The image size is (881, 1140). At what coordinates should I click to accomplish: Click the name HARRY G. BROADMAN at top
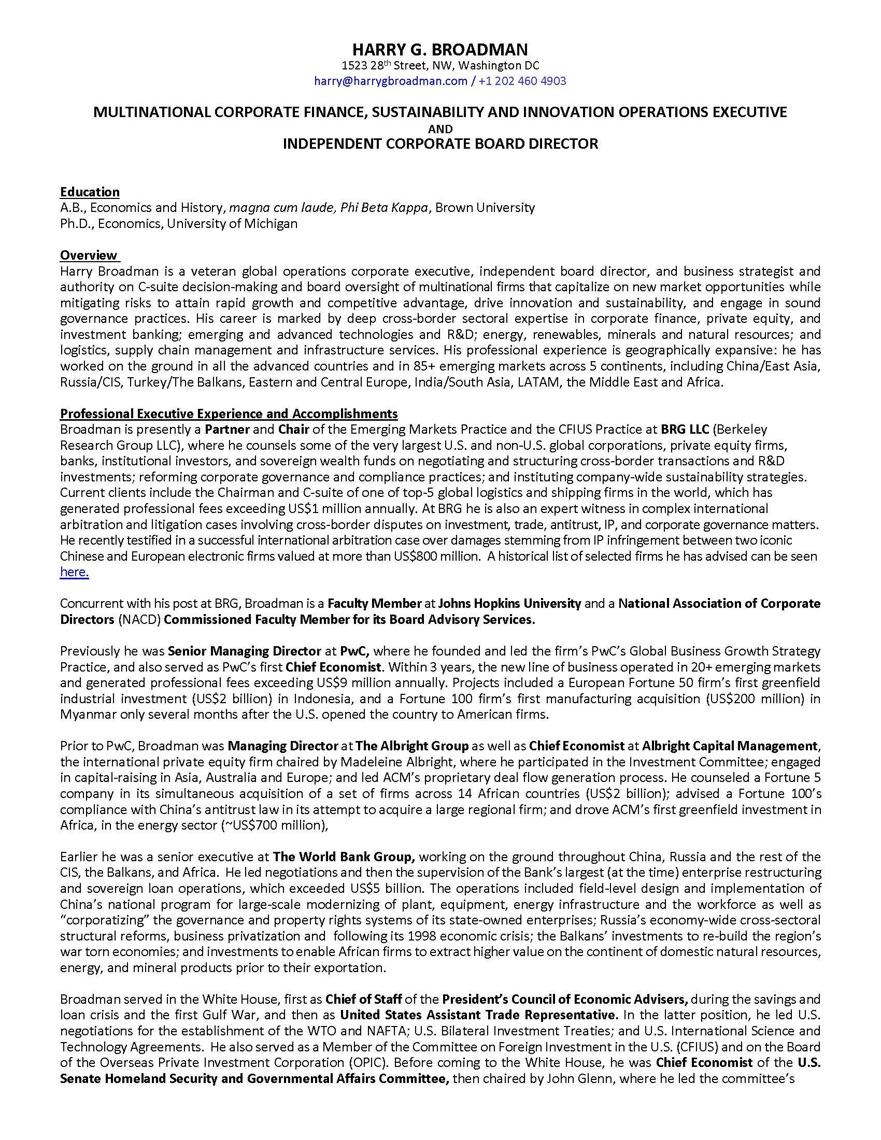440,50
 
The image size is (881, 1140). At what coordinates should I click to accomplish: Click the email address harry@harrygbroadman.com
390,81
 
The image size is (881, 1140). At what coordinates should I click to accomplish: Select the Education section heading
90,192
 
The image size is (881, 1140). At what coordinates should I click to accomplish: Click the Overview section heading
89,255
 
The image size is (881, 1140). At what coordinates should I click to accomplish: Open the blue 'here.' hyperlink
75,572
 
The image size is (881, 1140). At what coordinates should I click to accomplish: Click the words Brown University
485,208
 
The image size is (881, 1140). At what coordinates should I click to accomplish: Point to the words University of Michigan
232,223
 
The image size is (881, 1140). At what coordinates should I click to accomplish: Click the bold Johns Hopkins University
509,603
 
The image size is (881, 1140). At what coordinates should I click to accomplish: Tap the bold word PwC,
355,651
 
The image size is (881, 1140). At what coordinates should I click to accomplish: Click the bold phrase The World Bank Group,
344,857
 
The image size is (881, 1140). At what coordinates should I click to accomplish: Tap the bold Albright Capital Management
729,746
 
